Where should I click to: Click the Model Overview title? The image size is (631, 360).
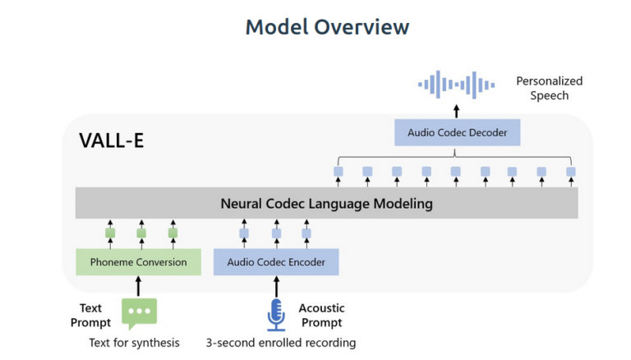click(327, 27)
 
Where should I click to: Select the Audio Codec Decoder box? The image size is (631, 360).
click(457, 132)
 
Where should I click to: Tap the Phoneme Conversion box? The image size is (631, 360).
click(138, 262)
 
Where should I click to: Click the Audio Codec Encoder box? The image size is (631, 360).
click(276, 262)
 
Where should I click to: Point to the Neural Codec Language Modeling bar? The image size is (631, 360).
click(327, 203)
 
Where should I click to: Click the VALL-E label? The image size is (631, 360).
click(112, 141)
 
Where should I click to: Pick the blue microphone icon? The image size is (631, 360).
click(276, 315)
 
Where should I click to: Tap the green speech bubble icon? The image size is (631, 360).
click(139, 314)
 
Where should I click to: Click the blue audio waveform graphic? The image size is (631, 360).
click(456, 85)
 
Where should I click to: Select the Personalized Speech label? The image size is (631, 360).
click(550, 88)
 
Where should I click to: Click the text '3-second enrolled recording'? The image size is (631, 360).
click(281, 343)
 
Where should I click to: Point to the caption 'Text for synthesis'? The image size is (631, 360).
click(134, 343)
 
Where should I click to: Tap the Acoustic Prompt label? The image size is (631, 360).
click(321, 316)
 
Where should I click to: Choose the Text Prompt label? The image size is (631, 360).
click(90, 316)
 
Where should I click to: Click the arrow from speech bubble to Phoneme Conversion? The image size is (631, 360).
click(138, 286)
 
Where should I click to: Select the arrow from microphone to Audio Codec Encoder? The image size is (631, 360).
click(276, 286)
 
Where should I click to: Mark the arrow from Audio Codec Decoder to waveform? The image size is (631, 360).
click(456, 111)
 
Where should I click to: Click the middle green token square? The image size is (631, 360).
click(141, 233)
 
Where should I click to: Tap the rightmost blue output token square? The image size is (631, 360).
click(571, 172)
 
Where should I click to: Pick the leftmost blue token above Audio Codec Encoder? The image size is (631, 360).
click(244, 233)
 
